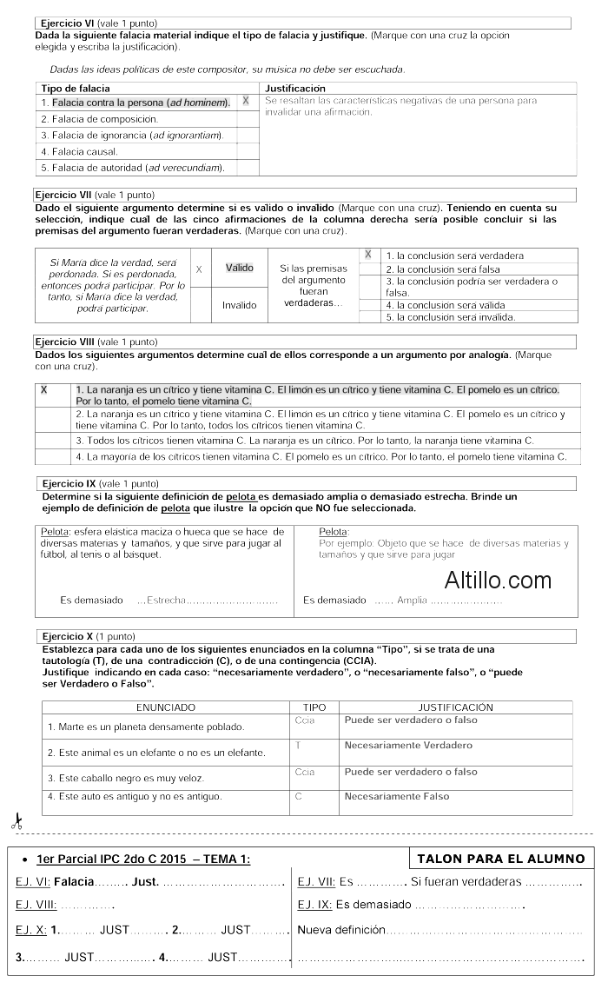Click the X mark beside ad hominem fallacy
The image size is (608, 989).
pos(246,101)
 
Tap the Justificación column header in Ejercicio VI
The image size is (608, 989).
pos(295,88)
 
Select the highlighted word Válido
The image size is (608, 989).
pos(240,268)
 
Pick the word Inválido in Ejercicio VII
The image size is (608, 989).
pos(240,305)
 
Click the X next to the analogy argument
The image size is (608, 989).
pos(44,390)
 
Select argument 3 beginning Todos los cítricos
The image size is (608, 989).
pos(304,441)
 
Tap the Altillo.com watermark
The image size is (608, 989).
pos(498,580)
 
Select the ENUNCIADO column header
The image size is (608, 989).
pos(165,707)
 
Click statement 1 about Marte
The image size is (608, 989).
pos(145,727)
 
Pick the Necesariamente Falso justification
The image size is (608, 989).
pos(397,796)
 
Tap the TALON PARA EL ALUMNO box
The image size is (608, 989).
pos(500,859)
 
